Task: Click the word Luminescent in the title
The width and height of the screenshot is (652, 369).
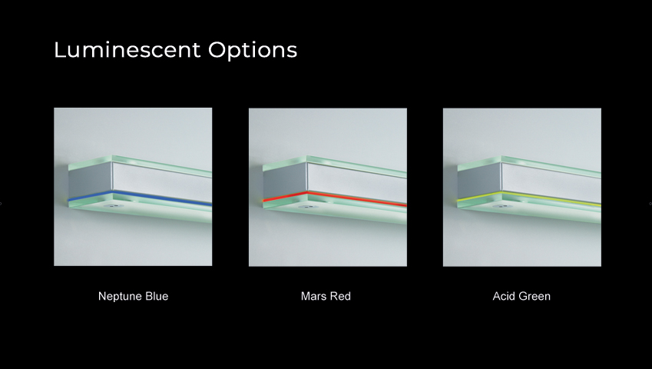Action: coord(127,49)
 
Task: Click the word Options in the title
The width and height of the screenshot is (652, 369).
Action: coord(253,51)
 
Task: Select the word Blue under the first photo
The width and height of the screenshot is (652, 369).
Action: coord(157,296)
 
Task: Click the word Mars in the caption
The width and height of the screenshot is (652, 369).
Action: coord(313,296)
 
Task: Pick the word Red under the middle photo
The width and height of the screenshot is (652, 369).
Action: coord(339,296)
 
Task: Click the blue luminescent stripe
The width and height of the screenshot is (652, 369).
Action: coord(140,198)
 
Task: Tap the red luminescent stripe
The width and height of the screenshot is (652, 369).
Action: coord(335,198)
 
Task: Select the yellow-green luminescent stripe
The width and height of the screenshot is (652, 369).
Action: coord(529,198)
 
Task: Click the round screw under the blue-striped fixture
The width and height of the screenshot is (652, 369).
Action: coord(111,206)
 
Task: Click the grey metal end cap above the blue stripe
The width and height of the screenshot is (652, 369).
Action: coord(90,181)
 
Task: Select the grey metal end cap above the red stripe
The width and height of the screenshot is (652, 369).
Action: coord(285,181)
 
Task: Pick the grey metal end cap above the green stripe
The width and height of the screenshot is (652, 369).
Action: coord(479,181)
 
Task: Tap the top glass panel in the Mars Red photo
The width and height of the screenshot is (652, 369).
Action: coord(335,165)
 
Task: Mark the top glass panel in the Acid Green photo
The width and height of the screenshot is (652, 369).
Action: coord(529,165)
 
